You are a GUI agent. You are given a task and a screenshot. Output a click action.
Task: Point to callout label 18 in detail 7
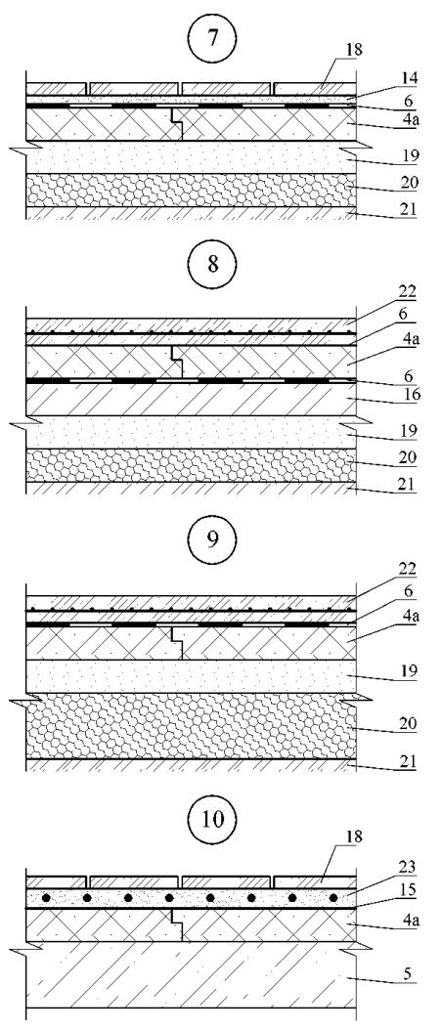(x=357, y=49)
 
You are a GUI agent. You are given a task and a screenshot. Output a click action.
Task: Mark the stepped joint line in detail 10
(x=177, y=924)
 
